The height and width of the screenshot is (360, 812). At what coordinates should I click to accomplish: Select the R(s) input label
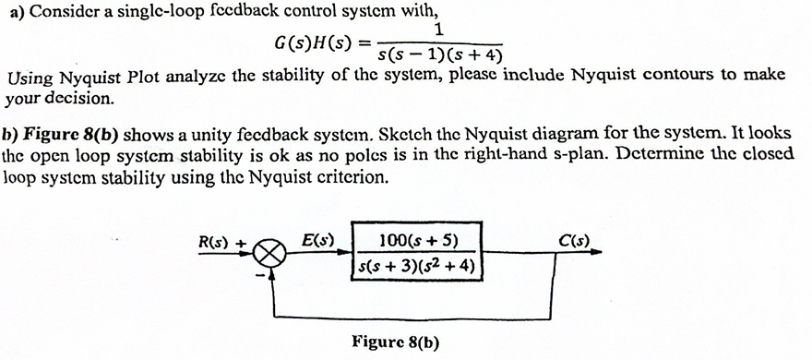218,244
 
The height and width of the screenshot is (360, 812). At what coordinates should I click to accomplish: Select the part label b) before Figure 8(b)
12,138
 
